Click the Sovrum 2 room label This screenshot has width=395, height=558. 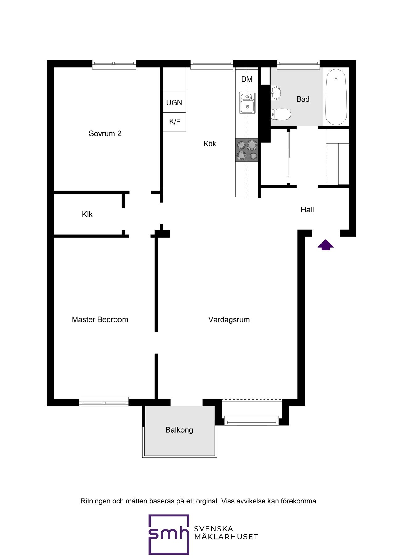click(105, 133)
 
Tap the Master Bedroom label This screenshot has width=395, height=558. click(100, 319)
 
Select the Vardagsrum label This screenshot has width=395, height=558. click(229, 320)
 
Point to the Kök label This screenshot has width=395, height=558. click(210, 143)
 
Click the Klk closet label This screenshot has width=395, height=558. click(87, 214)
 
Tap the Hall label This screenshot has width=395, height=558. click(307, 210)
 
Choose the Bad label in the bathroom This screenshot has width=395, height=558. click(303, 99)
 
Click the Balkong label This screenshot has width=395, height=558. click(179, 430)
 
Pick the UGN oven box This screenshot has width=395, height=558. click(174, 102)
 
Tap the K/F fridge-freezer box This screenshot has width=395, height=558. click(174, 122)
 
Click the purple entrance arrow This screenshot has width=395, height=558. click(326, 245)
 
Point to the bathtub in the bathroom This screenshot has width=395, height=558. click(336, 97)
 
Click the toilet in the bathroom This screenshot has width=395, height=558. click(281, 114)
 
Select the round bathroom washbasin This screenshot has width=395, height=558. click(276, 93)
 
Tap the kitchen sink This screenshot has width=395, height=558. click(247, 103)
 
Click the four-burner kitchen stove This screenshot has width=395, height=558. click(247, 150)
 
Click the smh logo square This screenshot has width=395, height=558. click(169, 534)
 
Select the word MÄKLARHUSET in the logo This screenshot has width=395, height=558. click(226, 537)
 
